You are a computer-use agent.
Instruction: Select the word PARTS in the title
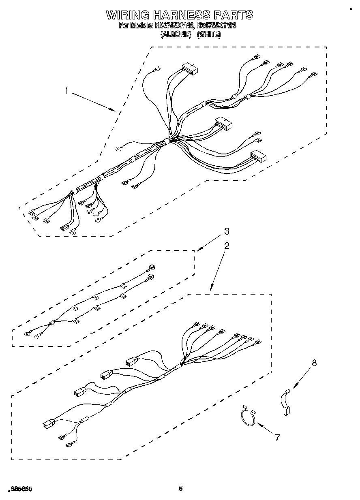233,15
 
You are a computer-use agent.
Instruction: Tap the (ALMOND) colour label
176,34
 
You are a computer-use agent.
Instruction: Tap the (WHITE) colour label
209,34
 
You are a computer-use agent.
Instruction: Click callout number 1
67,91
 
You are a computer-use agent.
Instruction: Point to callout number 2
227,246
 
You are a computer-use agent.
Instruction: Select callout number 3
227,231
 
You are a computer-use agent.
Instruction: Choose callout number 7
278,437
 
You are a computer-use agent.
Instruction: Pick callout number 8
314,363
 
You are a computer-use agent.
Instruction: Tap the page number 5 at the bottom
181,488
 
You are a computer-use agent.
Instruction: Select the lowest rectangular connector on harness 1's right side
258,156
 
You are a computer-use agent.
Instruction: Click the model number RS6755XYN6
174,26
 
